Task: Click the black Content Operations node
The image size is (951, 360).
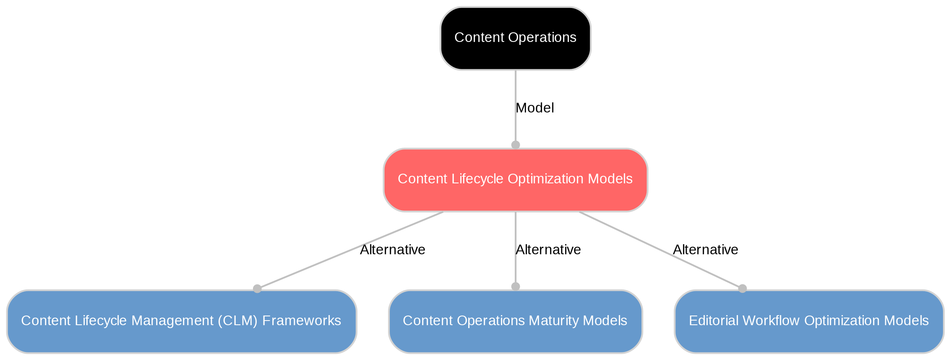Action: (x=515, y=38)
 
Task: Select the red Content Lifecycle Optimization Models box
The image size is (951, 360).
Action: (x=515, y=180)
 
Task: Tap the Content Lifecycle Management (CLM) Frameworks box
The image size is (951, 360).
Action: (x=181, y=321)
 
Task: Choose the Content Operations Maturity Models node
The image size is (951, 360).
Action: (x=515, y=321)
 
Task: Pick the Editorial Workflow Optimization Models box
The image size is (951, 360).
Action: (x=809, y=321)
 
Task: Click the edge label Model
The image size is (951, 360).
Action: (x=535, y=108)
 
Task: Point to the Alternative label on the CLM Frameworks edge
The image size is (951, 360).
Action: (x=393, y=250)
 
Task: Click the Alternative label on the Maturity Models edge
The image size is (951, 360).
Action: (x=548, y=250)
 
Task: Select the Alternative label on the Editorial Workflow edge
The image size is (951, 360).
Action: (x=706, y=250)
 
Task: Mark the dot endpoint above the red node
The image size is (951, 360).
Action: (x=516, y=145)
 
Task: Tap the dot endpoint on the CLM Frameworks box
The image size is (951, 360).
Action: (x=257, y=289)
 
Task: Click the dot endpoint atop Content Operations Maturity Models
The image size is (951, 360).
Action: (x=516, y=287)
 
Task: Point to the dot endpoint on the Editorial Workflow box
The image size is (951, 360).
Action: (x=743, y=289)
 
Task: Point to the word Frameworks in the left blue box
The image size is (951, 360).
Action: (x=302, y=321)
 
